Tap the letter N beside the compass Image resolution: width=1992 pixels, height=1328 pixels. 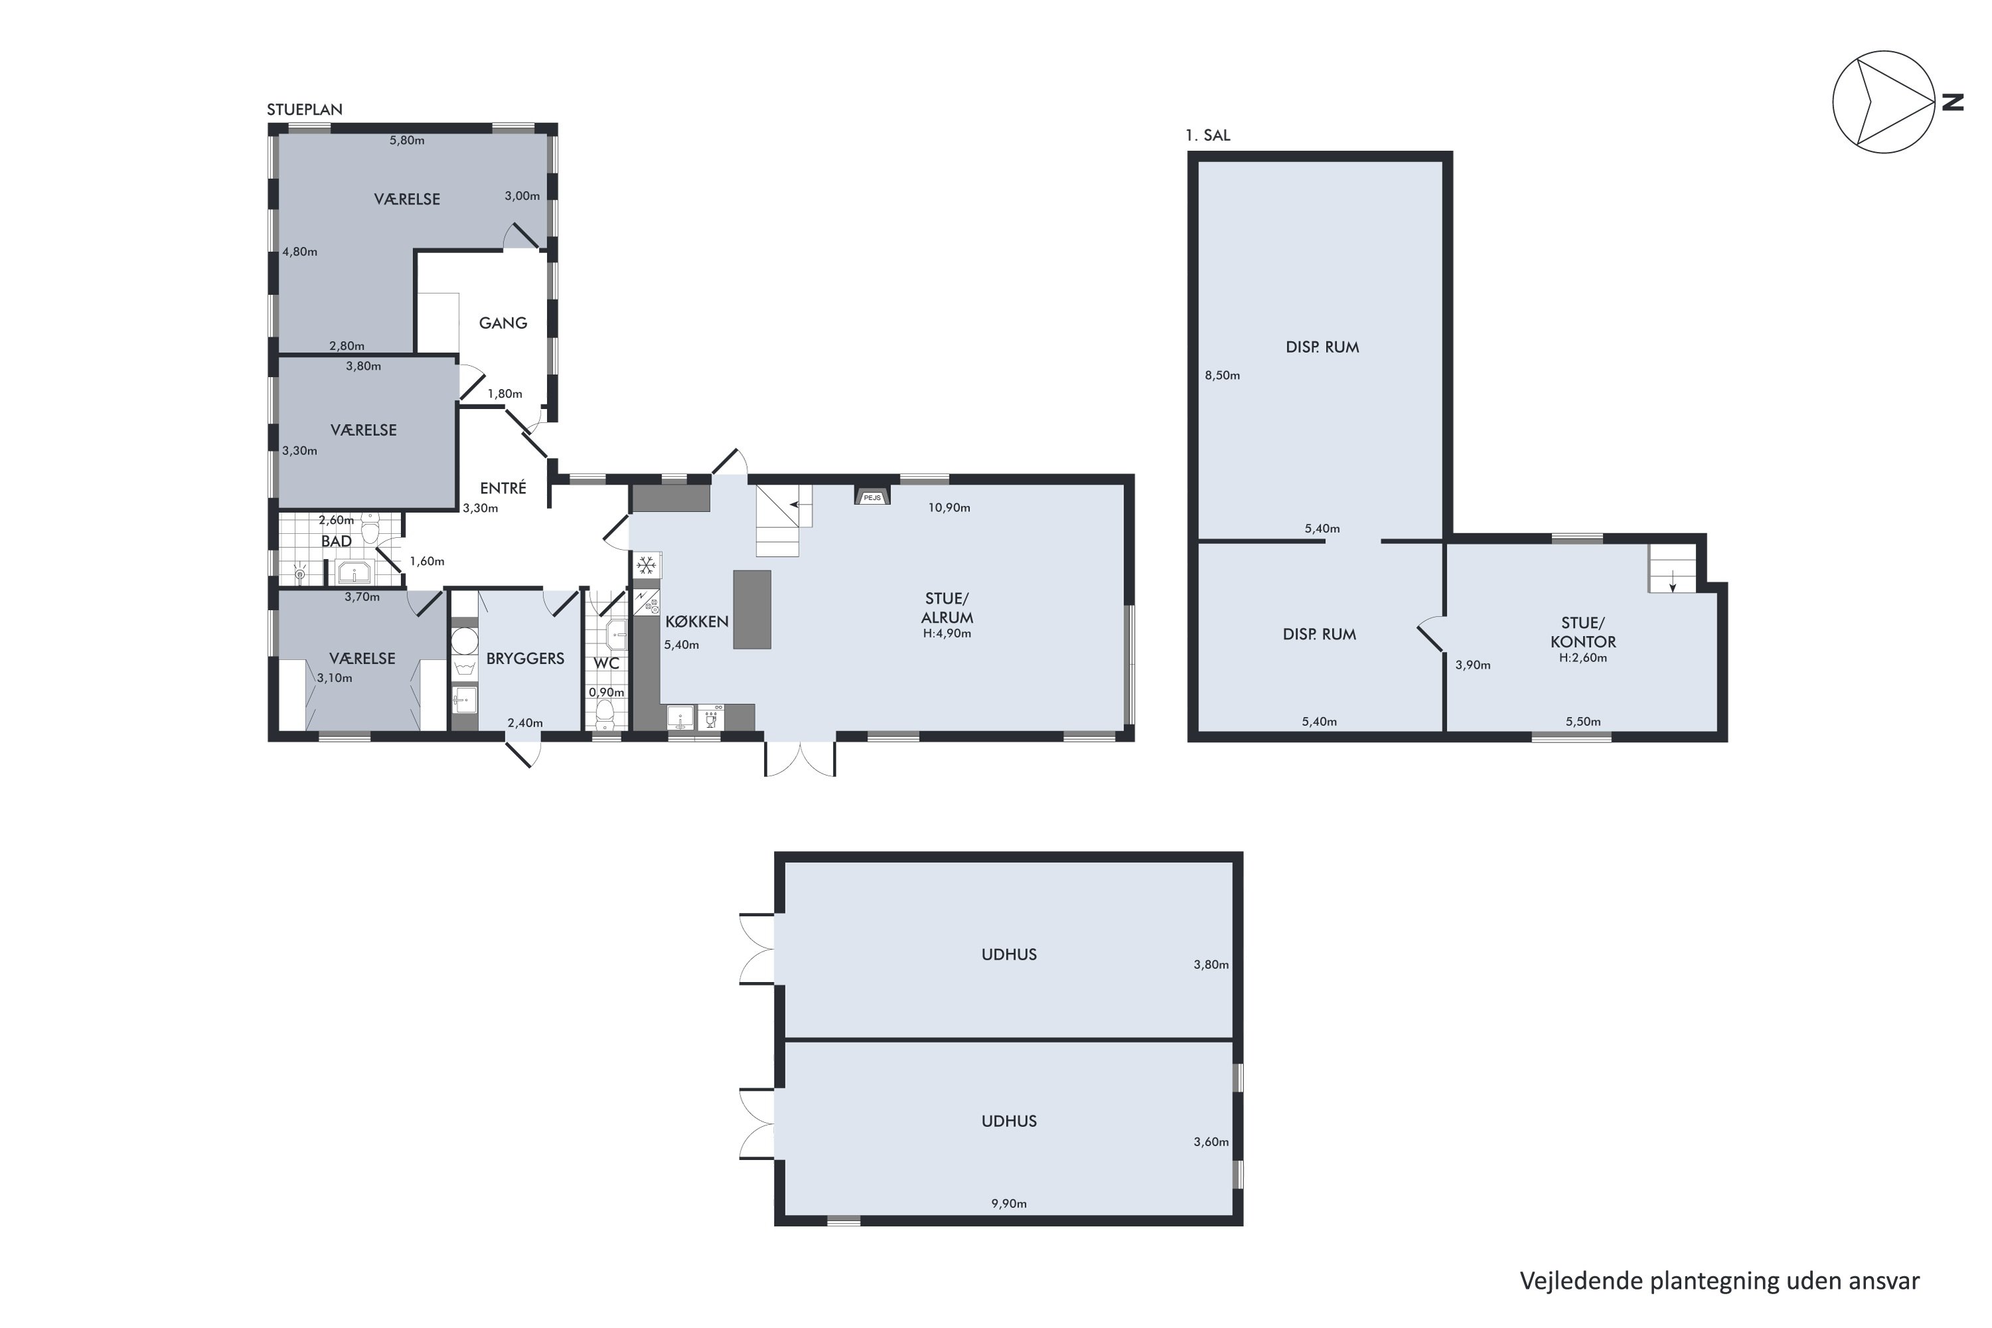(x=1952, y=102)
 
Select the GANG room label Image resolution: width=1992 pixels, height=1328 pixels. (x=503, y=323)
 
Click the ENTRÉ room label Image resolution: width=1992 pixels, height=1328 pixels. (x=503, y=488)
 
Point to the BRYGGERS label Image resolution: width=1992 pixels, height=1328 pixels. (x=525, y=658)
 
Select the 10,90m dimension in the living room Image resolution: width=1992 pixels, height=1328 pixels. (x=949, y=508)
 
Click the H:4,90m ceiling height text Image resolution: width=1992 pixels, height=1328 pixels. (x=947, y=633)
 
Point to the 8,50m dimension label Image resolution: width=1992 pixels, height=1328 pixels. (x=1222, y=375)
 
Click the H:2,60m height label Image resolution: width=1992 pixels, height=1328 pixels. (x=1583, y=657)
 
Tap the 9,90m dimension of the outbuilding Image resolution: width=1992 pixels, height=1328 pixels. (x=1009, y=1203)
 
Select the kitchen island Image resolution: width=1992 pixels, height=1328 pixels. (x=752, y=610)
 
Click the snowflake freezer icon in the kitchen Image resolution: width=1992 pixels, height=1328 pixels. (x=647, y=565)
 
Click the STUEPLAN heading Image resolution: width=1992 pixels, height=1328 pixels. (x=305, y=110)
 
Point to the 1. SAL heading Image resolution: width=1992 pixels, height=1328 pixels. (x=1208, y=135)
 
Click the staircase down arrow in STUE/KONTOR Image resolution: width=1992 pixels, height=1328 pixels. (x=1673, y=581)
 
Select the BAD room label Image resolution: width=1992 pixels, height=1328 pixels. (x=336, y=541)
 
